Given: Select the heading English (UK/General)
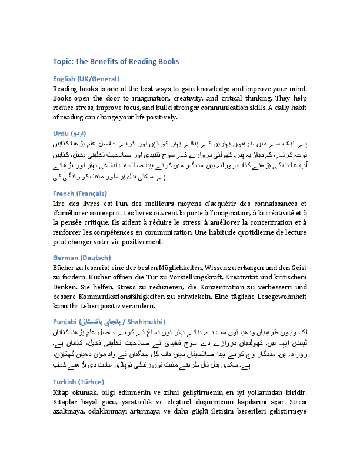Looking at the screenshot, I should tap(86, 78).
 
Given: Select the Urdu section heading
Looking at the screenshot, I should tap(69, 134).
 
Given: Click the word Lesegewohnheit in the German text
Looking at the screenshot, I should tap(270, 297).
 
